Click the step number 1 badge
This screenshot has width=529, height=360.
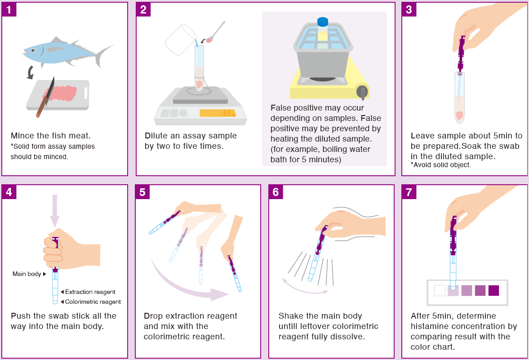point(9,9)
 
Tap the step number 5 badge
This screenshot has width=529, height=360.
point(142,192)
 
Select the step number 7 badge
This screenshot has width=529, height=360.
point(409,192)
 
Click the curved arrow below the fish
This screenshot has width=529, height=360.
point(31,72)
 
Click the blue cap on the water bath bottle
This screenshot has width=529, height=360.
point(323,22)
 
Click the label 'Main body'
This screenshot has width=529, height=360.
point(27,274)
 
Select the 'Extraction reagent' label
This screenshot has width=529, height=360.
point(90,292)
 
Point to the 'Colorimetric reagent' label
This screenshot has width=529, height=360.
point(93,302)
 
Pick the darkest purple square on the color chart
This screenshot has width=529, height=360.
point(493,290)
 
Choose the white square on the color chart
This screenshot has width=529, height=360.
point(440,291)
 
